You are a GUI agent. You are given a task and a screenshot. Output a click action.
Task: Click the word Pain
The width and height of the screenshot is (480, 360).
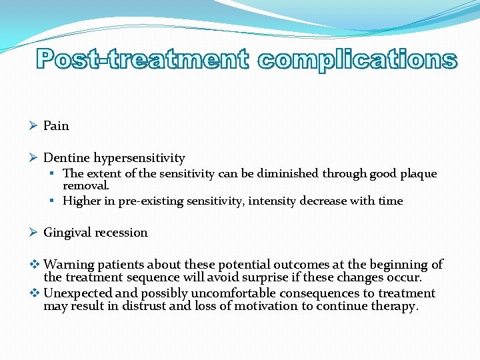coord(56,126)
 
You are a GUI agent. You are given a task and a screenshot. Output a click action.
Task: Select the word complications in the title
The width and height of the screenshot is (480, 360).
coord(357,59)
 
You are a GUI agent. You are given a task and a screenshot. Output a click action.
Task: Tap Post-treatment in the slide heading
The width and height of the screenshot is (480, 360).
coord(143,59)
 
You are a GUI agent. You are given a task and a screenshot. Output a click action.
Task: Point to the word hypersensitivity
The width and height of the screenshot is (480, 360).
coord(139,158)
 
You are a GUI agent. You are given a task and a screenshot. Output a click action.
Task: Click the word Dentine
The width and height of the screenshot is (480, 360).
coord(67,158)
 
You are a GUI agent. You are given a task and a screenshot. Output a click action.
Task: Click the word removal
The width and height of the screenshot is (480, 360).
coord(85,187)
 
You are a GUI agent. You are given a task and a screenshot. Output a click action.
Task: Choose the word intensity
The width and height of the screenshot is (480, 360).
coord(273,201)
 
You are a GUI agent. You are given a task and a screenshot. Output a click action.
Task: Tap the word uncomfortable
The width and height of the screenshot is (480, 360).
coord(234,293)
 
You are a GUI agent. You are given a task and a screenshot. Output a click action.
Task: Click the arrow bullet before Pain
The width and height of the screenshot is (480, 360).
coord(34,126)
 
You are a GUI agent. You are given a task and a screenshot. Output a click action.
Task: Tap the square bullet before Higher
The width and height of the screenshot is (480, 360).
coord(53,201)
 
